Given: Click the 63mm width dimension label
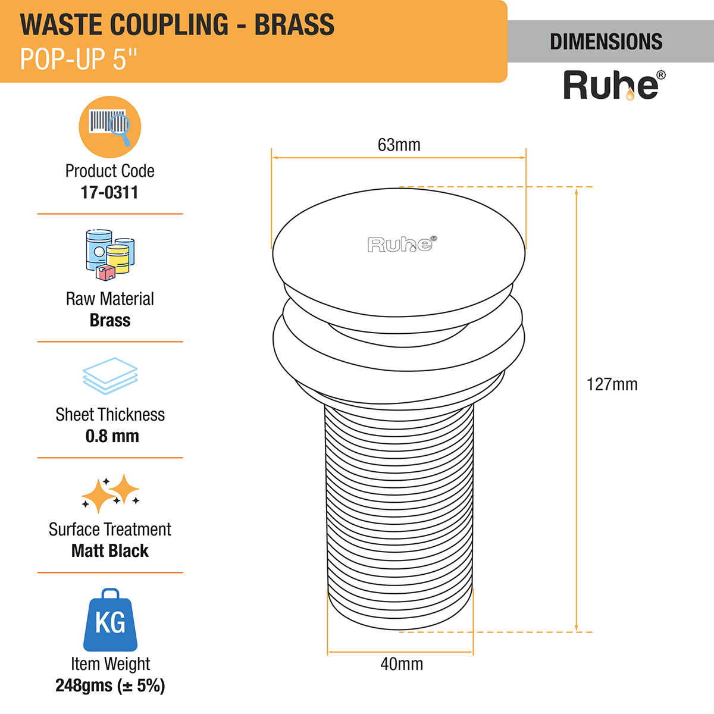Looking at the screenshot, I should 399,145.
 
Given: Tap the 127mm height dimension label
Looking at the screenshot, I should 612,384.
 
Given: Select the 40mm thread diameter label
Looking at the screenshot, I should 402,664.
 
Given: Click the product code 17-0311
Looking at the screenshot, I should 109,192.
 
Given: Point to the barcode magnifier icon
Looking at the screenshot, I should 110,127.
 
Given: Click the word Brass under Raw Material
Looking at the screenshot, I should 110,320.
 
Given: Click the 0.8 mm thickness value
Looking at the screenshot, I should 112,436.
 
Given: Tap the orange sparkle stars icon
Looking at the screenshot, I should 111,493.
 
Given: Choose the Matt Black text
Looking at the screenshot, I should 110,551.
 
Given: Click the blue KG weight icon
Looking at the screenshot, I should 110,621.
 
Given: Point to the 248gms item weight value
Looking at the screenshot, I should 110,685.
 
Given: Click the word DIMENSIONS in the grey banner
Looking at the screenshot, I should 606,42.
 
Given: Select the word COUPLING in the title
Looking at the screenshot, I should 170,25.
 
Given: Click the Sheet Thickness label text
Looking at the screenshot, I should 110,415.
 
